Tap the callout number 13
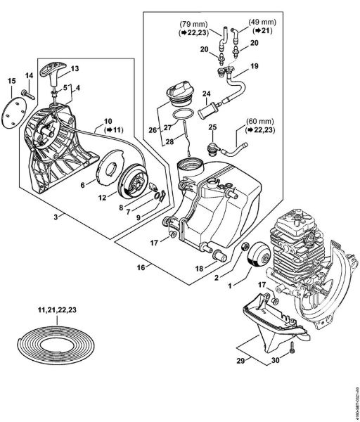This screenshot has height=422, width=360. click(x=75, y=68)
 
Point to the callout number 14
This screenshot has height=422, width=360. click(x=28, y=75)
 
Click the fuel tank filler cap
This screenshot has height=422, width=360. click(x=181, y=93)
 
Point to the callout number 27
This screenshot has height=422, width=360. click(x=167, y=127)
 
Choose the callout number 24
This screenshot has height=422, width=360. click(x=206, y=93)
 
